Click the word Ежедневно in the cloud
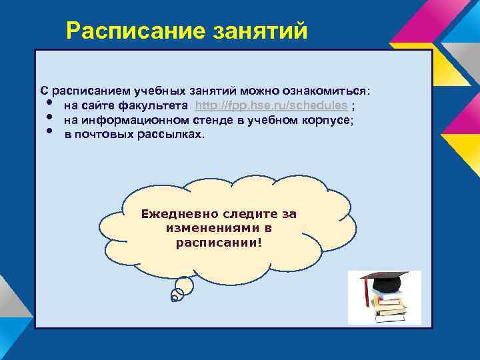click(x=175, y=214)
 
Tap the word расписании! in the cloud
click(x=219, y=242)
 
